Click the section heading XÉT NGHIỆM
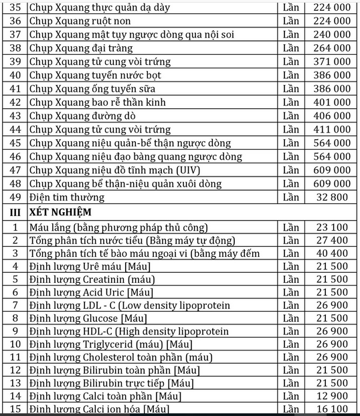point(60,212)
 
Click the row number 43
point(15,115)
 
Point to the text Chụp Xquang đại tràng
point(81,48)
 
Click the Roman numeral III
point(12,212)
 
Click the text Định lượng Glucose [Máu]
point(84,318)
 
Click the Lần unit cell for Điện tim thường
point(291,197)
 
